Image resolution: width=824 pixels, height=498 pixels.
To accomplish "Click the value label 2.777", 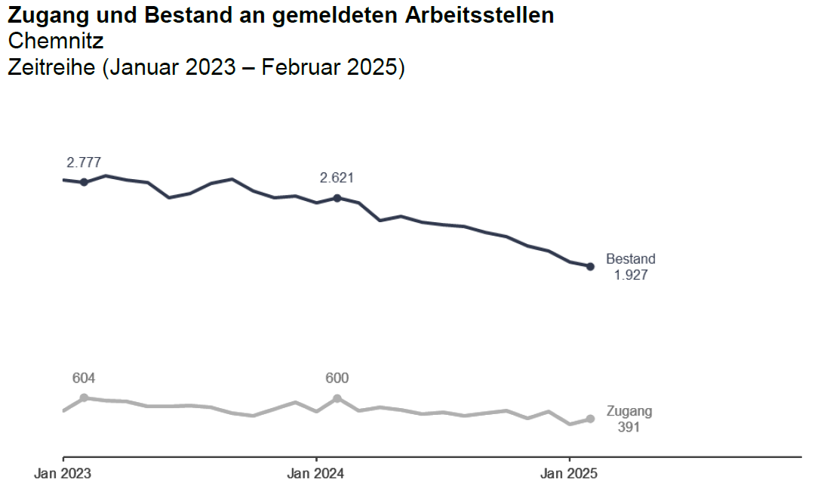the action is [84, 162].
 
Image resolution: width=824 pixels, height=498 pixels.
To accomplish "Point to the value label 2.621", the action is [337, 178].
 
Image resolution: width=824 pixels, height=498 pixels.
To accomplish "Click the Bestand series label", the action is [631, 259].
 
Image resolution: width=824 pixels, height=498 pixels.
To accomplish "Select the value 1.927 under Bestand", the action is [631, 275].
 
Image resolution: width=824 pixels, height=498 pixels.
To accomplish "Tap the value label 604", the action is [84, 378].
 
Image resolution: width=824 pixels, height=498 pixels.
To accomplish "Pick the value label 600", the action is [337, 378].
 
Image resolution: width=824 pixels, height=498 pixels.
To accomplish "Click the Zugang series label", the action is [629, 412].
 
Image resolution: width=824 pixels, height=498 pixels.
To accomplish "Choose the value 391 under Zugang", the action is [629, 428].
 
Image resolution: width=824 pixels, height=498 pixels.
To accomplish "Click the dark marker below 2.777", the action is [84, 182].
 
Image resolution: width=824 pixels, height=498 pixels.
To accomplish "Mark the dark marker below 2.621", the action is [337, 198].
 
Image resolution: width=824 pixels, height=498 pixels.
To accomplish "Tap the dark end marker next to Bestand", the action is [590, 266].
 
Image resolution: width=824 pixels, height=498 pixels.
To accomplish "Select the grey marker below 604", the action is [84, 397].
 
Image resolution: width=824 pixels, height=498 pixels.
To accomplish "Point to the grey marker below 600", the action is [337, 397].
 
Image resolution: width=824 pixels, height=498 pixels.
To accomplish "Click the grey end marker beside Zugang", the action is [590, 419].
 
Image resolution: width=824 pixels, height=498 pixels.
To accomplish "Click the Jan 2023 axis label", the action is [63, 475].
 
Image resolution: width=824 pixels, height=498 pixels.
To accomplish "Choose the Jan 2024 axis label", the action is [316, 475].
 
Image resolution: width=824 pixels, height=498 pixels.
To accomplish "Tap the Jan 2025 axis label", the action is [569, 475].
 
